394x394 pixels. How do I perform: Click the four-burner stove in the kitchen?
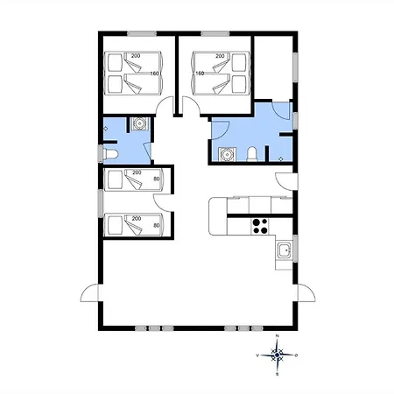[x=260, y=226]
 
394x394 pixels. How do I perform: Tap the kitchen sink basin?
[x=285, y=250]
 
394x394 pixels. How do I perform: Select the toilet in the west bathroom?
[x=111, y=154]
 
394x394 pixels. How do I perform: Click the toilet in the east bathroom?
[x=252, y=154]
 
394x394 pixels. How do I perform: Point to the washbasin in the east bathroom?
[x=227, y=154]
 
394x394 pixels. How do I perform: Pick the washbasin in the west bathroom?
[x=139, y=124]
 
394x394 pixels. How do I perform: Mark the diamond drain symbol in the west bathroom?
[x=106, y=129]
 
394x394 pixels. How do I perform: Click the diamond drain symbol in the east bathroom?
[x=281, y=158]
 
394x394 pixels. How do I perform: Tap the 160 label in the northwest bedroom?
[x=154, y=74]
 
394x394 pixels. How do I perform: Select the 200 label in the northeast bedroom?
[x=220, y=56]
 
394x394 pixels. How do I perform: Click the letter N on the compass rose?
[x=278, y=336]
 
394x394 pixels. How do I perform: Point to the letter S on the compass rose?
[x=278, y=374]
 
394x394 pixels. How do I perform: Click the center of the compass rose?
[x=277, y=355]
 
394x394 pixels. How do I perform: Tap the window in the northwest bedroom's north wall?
[x=142, y=33]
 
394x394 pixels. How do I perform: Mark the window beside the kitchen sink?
[x=295, y=249]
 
